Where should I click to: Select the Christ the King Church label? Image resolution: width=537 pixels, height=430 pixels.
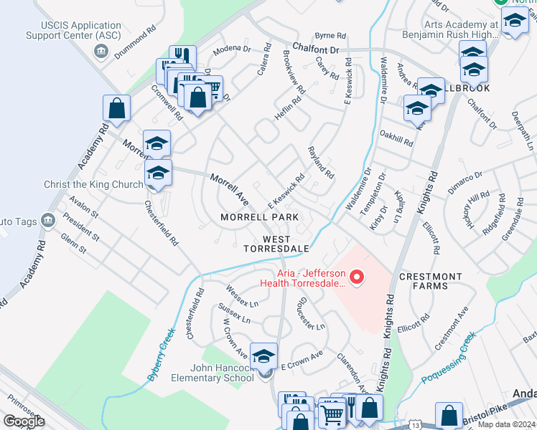pyautogui.click(x=94, y=184)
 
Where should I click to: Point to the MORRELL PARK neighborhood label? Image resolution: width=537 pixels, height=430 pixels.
pyautogui.click(x=259, y=216)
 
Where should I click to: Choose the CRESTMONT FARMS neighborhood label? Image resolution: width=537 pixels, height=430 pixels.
pyautogui.click(x=431, y=281)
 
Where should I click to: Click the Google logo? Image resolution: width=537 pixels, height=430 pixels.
pyautogui.click(x=24, y=421)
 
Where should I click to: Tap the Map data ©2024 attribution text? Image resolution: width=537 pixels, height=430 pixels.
pyautogui.click(x=505, y=425)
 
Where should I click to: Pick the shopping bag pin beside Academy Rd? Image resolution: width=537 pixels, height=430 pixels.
pyautogui.click(x=117, y=109)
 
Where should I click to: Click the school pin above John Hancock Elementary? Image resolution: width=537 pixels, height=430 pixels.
pyautogui.click(x=264, y=355)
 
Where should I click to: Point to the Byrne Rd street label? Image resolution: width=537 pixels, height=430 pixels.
pyautogui.click(x=330, y=35)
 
